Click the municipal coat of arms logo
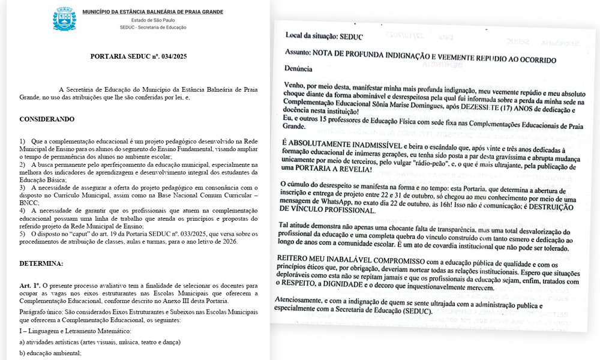click(x=64, y=19)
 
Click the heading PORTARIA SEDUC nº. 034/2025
click(x=139, y=56)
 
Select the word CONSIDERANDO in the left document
click(x=47, y=119)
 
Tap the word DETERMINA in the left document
click(x=41, y=263)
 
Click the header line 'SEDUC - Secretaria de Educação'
click(x=152, y=28)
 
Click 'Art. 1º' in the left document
click(x=30, y=286)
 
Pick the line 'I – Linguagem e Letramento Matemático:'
click(x=75, y=331)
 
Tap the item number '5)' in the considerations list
click(x=22, y=234)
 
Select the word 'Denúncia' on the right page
click(x=299, y=69)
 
